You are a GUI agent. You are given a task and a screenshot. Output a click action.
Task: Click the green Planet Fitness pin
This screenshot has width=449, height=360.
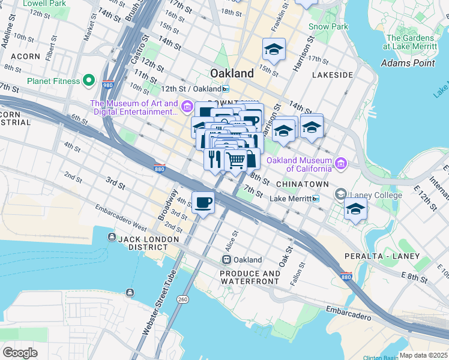(89, 80)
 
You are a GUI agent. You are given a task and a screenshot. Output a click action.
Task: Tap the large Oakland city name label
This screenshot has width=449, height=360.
(232, 73)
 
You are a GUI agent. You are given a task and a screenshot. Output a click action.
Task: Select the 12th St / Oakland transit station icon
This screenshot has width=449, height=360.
(225, 89)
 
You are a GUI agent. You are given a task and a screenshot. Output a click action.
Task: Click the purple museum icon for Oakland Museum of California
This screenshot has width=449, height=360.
(341, 163)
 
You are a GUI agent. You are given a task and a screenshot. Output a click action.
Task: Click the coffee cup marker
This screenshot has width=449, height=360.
(203, 202)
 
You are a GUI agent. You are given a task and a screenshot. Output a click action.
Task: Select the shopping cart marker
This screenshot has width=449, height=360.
(236, 160)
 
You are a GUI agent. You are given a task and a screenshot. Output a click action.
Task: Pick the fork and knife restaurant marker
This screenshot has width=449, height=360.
(214, 159)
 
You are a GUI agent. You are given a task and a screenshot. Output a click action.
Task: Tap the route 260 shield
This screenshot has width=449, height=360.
(182, 298)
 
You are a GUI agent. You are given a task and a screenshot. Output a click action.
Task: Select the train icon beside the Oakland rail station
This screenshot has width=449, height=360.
(226, 260)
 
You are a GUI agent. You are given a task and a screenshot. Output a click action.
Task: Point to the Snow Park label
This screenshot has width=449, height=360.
(328, 26)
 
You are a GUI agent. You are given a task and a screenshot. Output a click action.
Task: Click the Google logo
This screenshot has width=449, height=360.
(20, 352)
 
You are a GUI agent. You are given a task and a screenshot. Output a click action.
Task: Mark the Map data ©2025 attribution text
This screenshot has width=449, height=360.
(423, 355)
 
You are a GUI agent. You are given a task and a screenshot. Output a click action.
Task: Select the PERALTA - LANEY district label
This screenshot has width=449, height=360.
(376, 256)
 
